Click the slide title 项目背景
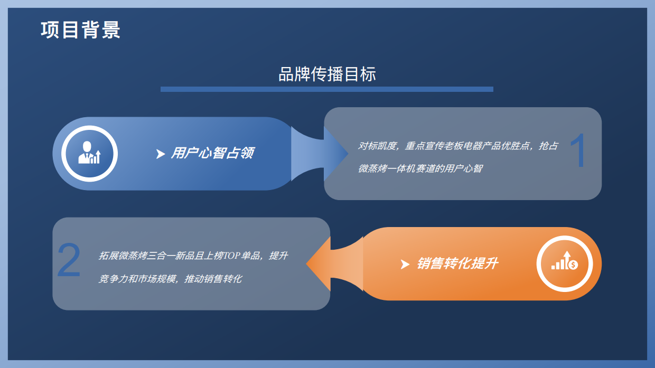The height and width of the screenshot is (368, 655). pyautogui.click(x=80, y=30)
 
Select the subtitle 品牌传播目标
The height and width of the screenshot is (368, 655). pyautogui.click(x=327, y=74)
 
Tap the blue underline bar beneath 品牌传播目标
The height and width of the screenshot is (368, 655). pyautogui.click(x=326, y=89)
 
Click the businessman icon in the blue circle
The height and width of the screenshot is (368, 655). pyautogui.click(x=89, y=153)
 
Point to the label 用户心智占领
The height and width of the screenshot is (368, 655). pyautogui.click(x=212, y=153)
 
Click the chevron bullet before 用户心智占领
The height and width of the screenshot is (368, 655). pyautogui.click(x=161, y=154)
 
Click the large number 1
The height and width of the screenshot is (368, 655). pyautogui.click(x=578, y=152)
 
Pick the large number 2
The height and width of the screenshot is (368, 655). pyautogui.click(x=69, y=260)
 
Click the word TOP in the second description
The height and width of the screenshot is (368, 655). pyautogui.click(x=231, y=256)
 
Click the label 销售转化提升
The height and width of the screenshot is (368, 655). pyautogui.click(x=457, y=263)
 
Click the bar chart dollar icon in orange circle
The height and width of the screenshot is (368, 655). pyautogui.click(x=564, y=263)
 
